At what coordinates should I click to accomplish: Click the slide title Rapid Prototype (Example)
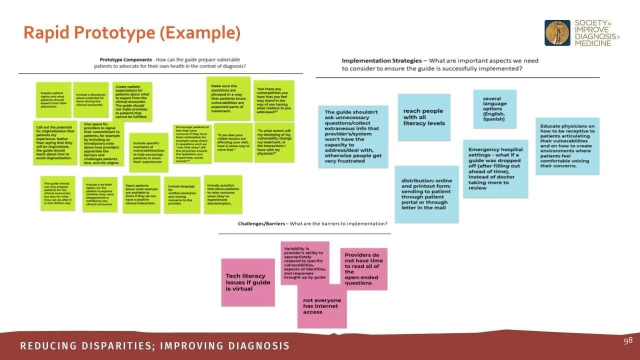[132, 33]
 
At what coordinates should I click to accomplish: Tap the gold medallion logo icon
[557, 33]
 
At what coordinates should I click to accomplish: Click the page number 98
[628, 341]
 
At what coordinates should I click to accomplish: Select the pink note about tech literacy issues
[248, 282]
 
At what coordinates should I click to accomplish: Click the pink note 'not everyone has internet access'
[322, 306]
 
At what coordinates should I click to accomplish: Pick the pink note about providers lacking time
[364, 269]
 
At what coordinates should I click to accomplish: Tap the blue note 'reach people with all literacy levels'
[424, 117]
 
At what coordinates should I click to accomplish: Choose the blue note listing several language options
[494, 109]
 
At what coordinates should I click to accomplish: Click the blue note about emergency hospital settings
[495, 168]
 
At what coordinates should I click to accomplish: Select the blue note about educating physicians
[567, 146]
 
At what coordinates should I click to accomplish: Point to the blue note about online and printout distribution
[426, 194]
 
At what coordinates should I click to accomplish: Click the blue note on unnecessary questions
[352, 136]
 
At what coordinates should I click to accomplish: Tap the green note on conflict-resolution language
[181, 194]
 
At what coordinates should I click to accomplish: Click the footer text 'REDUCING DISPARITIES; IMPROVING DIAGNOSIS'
[155, 346]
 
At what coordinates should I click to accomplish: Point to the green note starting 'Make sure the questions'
[228, 98]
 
